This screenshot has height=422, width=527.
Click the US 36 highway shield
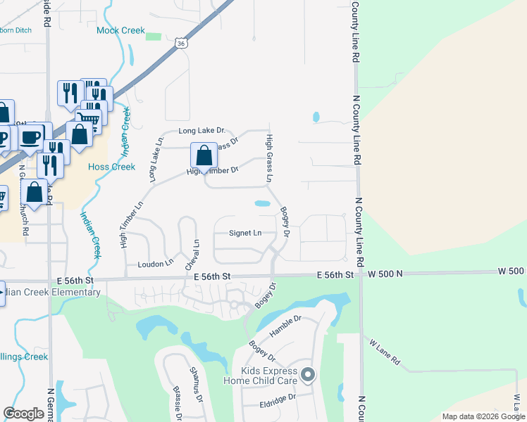(181, 43)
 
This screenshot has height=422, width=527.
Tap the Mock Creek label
(120, 31)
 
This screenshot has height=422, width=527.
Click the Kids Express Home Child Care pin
(307, 376)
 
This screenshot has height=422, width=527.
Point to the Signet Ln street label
(245, 233)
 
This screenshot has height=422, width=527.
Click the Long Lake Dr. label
(201, 131)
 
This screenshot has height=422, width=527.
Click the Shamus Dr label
(197, 383)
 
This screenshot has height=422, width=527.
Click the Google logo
(25, 414)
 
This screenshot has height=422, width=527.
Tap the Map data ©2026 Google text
(483, 416)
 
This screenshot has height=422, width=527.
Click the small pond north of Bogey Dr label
(262, 204)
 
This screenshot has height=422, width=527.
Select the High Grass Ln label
(269, 160)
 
